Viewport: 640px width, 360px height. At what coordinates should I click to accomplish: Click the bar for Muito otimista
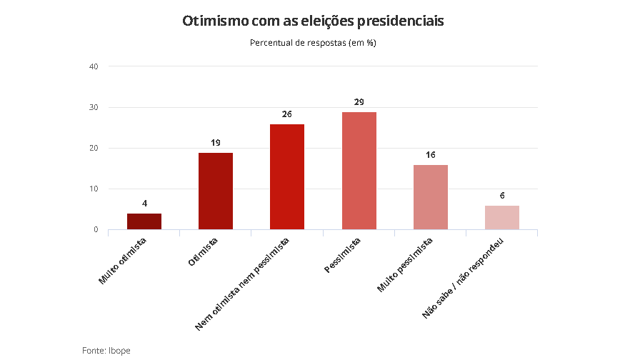(x=144, y=221)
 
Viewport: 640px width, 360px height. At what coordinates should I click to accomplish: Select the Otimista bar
(x=216, y=191)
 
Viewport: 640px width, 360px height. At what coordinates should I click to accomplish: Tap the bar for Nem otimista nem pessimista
(x=287, y=176)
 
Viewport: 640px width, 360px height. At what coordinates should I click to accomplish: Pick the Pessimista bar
(x=359, y=171)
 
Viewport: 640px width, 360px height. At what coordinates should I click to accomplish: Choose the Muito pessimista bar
(x=430, y=197)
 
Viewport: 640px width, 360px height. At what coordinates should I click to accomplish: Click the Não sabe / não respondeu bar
(x=502, y=217)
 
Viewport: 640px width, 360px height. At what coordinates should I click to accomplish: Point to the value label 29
(x=359, y=102)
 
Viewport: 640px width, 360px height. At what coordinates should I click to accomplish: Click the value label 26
(x=287, y=114)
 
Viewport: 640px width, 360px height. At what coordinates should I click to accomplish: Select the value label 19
(x=216, y=143)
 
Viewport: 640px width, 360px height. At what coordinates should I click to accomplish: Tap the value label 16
(x=430, y=155)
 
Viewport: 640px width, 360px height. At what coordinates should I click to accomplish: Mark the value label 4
(x=144, y=204)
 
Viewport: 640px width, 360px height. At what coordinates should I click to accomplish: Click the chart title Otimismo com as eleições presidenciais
(x=314, y=21)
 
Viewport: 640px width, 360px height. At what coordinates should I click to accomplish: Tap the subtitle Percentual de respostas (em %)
(x=313, y=43)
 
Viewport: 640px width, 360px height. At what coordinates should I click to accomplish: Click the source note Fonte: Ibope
(x=106, y=350)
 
